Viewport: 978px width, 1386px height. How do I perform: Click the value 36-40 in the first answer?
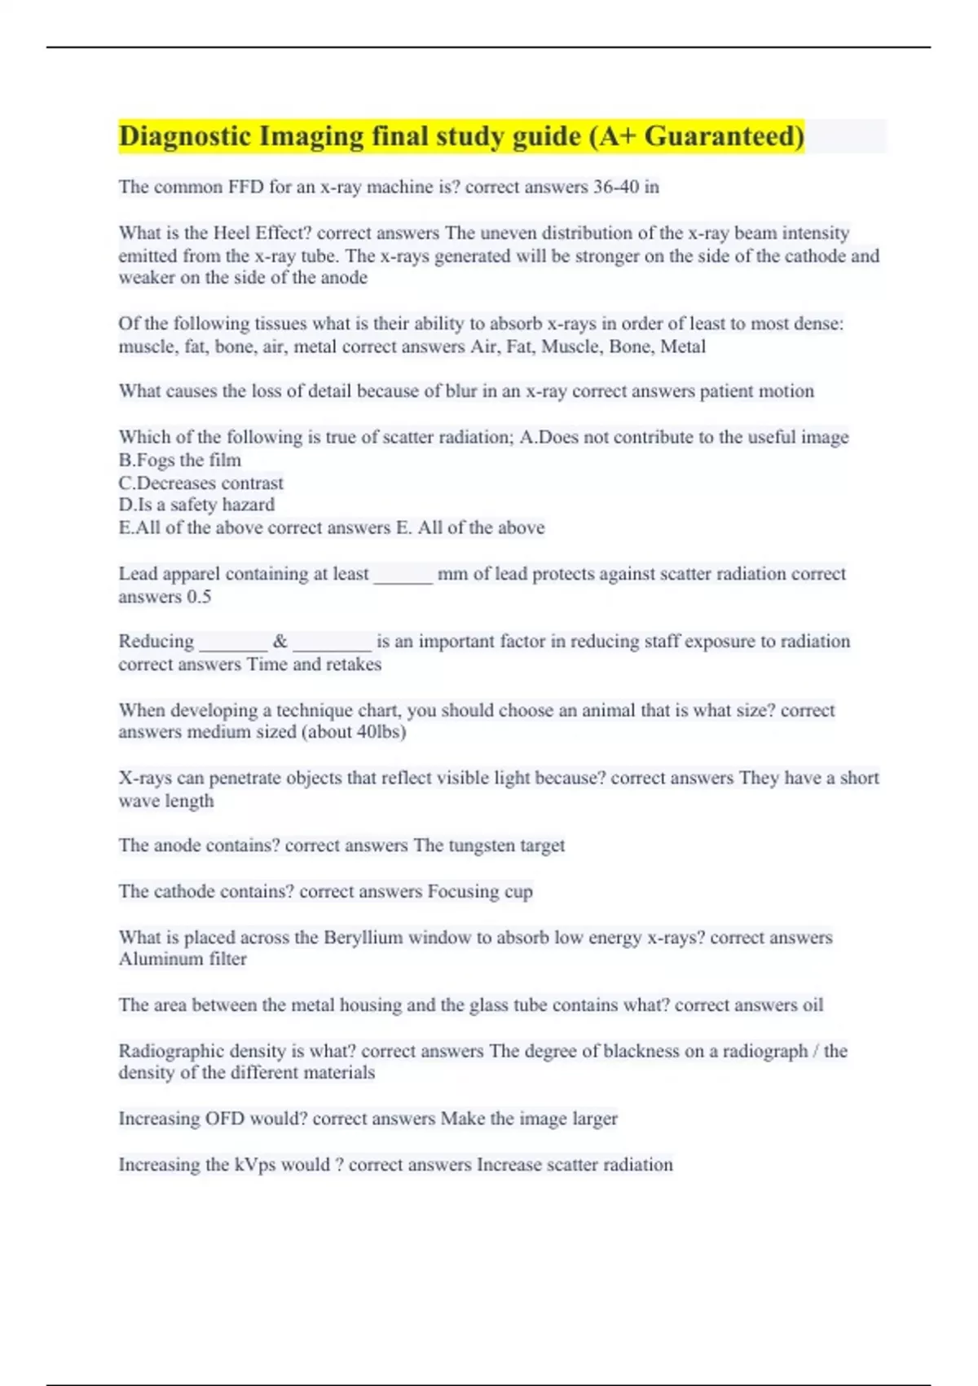(x=615, y=188)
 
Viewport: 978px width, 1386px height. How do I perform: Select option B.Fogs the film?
(x=180, y=460)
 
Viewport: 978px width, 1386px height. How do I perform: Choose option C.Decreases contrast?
(x=201, y=483)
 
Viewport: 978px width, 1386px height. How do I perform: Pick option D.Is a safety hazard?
(x=196, y=505)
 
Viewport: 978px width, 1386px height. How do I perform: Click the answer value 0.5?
(x=199, y=597)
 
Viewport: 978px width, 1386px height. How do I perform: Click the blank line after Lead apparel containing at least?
(x=403, y=576)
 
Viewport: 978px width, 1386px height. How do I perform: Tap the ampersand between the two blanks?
(x=280, y=642)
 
